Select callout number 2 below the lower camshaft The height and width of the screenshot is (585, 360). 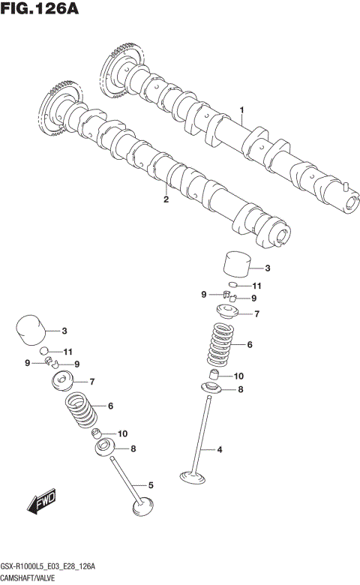click(x=166, y=199)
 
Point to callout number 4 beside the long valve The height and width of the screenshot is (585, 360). click(x=220, y=450)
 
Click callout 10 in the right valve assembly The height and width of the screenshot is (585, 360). click(x=238, y=376)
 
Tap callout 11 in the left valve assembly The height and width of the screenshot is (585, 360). click(x=67, y=352)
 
